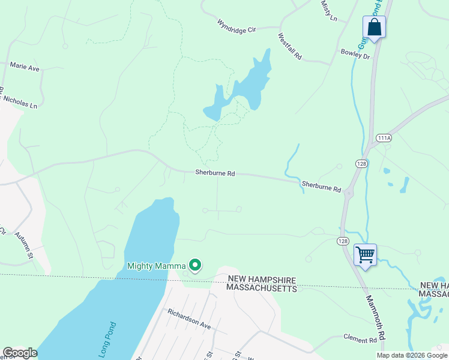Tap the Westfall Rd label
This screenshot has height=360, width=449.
pos(289,46)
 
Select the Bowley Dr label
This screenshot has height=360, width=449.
pos(355,54)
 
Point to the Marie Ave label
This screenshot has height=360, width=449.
pos(25,68)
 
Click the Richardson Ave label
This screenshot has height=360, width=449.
pos(189,319)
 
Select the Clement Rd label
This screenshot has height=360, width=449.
pos(360,340)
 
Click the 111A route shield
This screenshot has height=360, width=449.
pos(384,138)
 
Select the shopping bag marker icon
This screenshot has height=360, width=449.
pos(374,27)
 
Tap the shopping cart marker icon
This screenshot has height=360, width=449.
pos(364,254)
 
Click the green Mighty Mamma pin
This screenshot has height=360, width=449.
pos(194,265)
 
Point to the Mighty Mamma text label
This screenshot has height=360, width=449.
pos(155,266)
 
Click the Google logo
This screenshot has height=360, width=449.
pos(20,352)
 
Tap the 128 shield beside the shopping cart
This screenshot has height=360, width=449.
pos(342,241)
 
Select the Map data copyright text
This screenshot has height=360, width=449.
pos(411,355)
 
